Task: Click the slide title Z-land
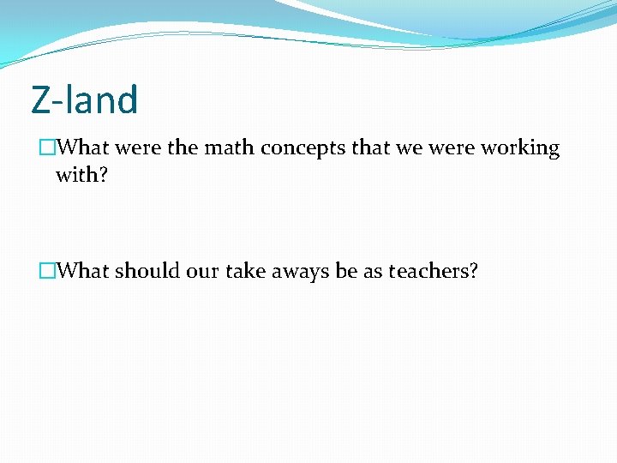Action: coord(84,99)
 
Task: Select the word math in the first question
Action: coord(229,148)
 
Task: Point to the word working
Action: coord(520,149)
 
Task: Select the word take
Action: coord(248,271)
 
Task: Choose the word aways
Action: coord(301,272)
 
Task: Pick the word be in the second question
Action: coord(346,271)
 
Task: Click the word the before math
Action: coord(183,148)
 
